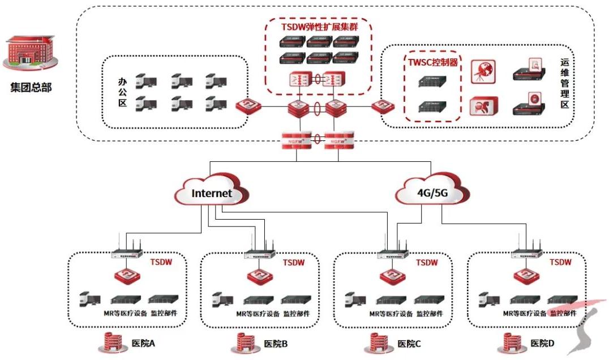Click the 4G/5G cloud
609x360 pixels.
tap(432, 193)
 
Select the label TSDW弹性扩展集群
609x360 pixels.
tap(320, 26)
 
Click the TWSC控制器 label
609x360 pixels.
tap(433, 63)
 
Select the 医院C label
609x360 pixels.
tap(409, 343)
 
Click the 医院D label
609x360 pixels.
tap(542, 343)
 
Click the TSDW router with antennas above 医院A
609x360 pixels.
tap(127, 253)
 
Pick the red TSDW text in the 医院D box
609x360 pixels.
tap(560, 262)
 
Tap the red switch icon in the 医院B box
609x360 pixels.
tap(260, 277)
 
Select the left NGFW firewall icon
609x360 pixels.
tap(293, 139)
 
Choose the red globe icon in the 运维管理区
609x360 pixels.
tap(483, 72)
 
